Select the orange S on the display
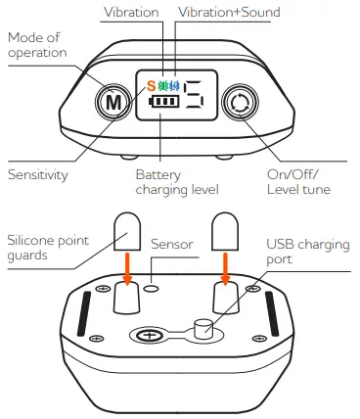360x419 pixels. point(151,85)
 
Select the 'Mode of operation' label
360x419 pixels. point(38,45)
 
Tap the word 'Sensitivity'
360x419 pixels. point(38,173)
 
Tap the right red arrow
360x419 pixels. point(226,269)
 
